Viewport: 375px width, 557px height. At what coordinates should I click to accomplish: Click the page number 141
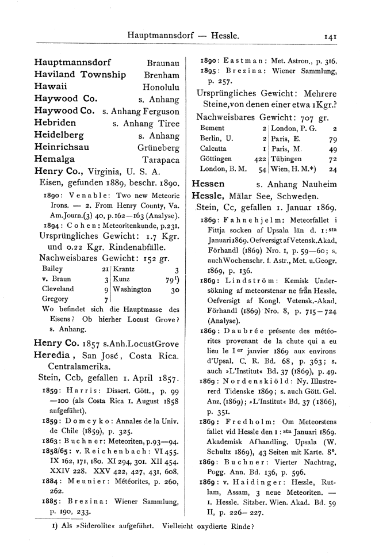(330, 36)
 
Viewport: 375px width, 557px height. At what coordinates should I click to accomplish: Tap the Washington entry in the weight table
(133, 289)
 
